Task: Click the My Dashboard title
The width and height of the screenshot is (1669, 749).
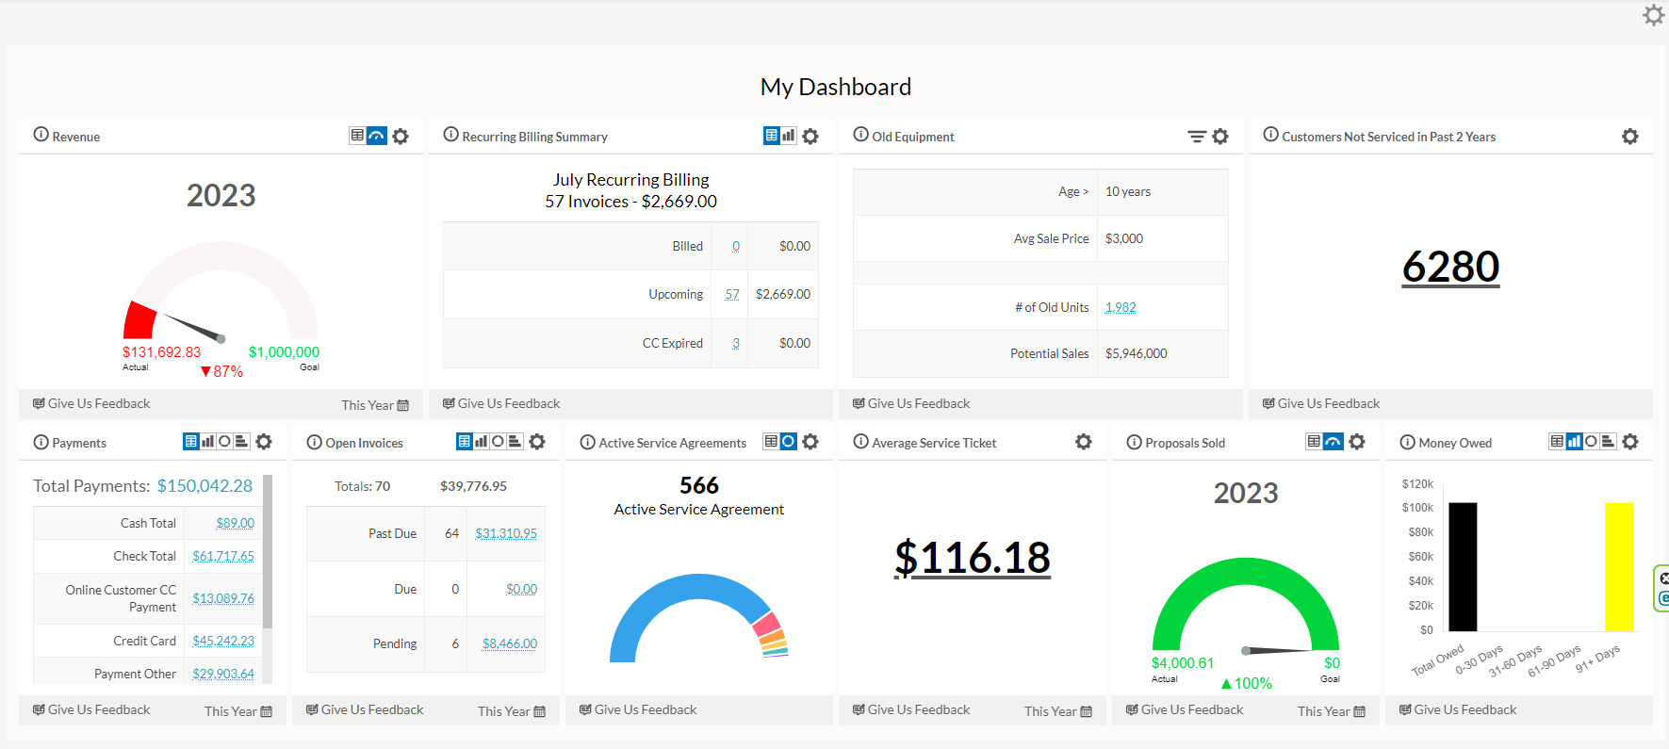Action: pos(835,87)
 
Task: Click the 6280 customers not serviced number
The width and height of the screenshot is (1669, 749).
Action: pos(1449,267)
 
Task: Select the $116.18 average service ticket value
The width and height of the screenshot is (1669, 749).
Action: pos(972,557)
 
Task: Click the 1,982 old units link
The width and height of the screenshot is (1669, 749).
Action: pos(1121,307)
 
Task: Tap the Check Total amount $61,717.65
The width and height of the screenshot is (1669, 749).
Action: pos(223,556)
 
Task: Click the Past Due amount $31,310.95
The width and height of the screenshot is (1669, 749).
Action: pos(506,533)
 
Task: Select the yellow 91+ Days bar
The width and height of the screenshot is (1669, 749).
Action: pos(1618,566)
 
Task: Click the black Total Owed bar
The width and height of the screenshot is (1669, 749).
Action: pos(1463,566)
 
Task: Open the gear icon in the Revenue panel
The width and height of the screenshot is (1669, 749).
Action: pos(401,137)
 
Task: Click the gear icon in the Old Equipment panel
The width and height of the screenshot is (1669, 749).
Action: pos(1220,137)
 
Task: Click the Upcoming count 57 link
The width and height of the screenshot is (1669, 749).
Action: pos(732,294)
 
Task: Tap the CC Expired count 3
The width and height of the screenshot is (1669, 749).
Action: pos(736,343)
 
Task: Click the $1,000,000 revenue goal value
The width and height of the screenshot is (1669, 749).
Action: pos(284,352)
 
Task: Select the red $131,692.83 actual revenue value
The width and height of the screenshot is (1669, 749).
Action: pos(161,352)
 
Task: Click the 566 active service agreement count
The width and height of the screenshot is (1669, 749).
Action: pos(699,485)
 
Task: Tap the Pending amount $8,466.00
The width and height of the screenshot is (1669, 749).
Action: pos(509,643)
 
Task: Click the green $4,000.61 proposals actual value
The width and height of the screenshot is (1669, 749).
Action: pos(1183,663)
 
